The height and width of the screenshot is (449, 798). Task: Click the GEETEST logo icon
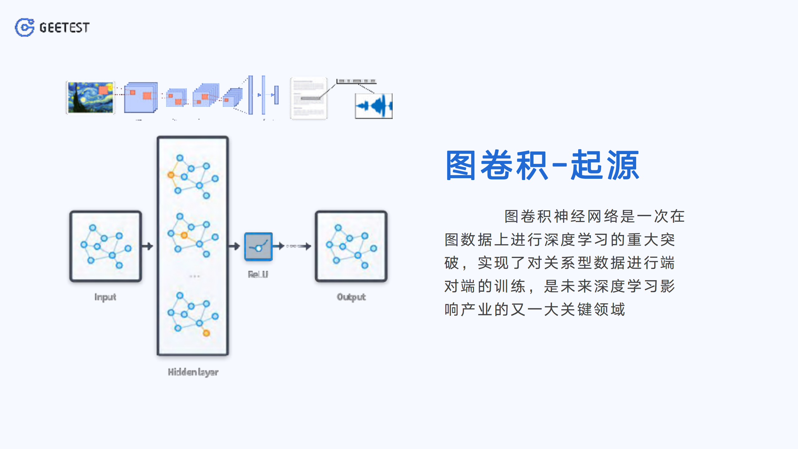pyautogui.click(x=24, y=27)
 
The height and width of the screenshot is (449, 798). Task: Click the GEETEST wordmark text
pyautogui.click(x=64, y=28)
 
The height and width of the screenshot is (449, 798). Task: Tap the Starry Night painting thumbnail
pyautogui.click(x=90, y=97)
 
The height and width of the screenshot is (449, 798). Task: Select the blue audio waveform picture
pyautogui.click(x=373, y=106)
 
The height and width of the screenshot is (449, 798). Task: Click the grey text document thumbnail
pyautogui.click(x=308, y=98)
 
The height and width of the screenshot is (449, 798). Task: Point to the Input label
pyautogui.click(x=105, y=297)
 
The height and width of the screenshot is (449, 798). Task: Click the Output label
pyautogui.click(x=351, y=297)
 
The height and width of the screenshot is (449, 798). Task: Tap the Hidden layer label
pyautogui.click(x=193, y=372)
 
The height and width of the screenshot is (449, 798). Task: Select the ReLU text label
pyautogui.click(x=258, y=275)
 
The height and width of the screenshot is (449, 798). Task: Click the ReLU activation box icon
pyautogui.click(x=258, y=246)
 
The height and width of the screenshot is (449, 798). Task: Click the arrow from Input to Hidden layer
pyautogui.click(x=148, y=246)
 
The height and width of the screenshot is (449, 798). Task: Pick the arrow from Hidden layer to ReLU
pyautogui.click(x=234, y=246)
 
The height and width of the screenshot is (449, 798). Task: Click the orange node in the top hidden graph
pyautogui.click(x=171, y=175)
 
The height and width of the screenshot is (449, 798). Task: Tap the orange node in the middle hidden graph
pyautogui.click(x=184, y=235)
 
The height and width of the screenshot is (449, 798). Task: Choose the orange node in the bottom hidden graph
pyautogui.click(x=206, y=333)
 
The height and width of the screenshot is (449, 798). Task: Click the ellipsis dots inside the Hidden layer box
pyautogui.click(x=194, y=276)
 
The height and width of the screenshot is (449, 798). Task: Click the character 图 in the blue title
pyautogui.click(x=461, y=165)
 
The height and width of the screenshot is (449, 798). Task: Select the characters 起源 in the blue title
pyautogui.click(x=604, y=165)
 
